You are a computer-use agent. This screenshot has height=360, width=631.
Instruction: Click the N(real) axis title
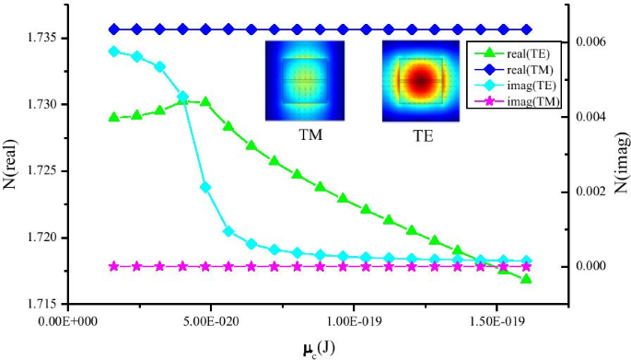[x=14, y=169]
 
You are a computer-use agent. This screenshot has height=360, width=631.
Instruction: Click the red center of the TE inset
[x=423, y=81]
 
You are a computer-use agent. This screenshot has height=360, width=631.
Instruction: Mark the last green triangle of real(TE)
[x=526, y=279]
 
